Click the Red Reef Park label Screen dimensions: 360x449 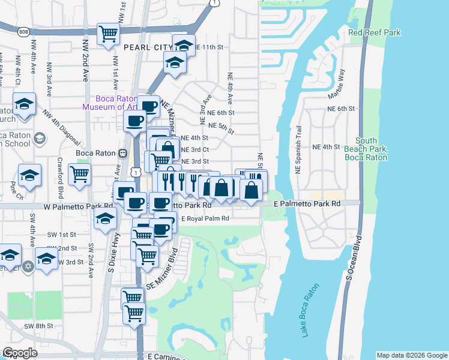coord(374,32)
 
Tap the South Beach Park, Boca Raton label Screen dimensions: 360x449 coord(366,149)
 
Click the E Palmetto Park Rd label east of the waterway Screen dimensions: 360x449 coord(307,204)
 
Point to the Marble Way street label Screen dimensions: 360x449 coord(336,84)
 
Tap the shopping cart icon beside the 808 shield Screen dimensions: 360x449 coord(108,34)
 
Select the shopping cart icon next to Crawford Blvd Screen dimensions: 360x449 coord(80,174)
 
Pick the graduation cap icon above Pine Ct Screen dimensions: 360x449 coord(29,175)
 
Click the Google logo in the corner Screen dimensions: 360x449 coord(19,353)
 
